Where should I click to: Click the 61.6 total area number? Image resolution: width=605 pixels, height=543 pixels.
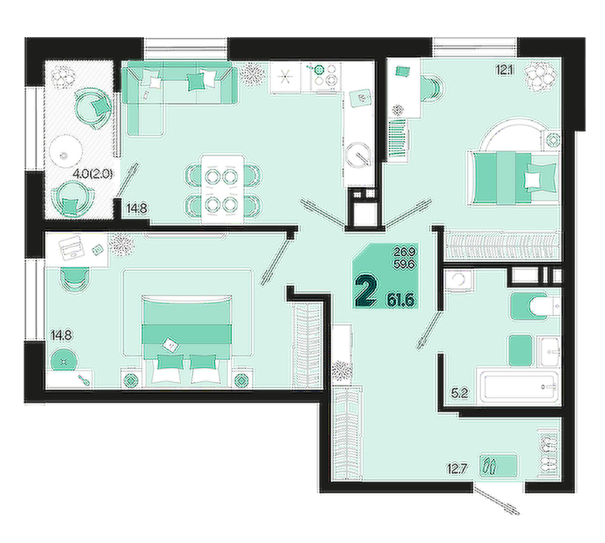pos(402,300)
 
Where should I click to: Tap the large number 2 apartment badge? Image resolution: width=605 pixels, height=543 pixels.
pos(366,292)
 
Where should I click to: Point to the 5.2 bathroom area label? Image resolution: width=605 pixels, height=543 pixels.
pos(459,394)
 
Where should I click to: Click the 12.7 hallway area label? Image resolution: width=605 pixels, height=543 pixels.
pos(457,469)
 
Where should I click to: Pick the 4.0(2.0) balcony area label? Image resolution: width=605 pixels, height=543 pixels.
pos(93,173)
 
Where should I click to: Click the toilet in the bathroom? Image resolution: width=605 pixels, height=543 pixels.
pos(536,307)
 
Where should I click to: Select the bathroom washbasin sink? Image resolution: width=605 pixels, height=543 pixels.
pos(550,351)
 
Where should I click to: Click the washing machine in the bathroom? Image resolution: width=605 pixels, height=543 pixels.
pos(458,280)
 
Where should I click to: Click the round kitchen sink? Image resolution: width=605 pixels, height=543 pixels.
pos(358,155)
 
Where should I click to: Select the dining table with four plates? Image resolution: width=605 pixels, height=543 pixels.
pos(223,189)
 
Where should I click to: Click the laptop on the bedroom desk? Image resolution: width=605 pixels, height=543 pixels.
pos(72,247)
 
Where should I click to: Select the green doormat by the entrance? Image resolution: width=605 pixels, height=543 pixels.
pos(498,465)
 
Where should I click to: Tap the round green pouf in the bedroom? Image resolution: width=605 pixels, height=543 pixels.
pos(64,360)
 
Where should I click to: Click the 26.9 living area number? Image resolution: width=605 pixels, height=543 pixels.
pos(405,252)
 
